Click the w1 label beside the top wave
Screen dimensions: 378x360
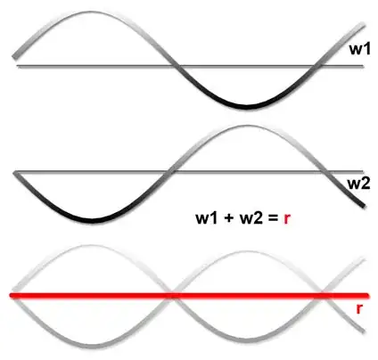(360, 49)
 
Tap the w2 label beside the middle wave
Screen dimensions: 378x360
(358, 184)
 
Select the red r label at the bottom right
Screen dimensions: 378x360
(359, 309)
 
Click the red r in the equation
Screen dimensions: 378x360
(287, 219)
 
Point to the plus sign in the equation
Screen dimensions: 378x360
(229, 218)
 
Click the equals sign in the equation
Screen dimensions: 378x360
(272, 218)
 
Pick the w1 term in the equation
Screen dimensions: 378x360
(207, 217)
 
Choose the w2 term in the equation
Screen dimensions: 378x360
(251, 217)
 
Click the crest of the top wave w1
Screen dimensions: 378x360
(90, 12)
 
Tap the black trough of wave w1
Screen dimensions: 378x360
(246, 107)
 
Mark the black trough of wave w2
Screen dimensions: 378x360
(92, 220)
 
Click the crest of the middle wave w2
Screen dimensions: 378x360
(247, 127)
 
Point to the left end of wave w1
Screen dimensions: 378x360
(14, 56)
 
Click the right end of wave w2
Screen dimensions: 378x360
(363, 206)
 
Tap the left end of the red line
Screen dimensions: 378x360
(11, 296)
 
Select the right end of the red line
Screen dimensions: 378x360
(367, 296)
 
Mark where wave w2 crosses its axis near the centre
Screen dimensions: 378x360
(168, 172)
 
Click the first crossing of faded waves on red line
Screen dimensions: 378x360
(171, 296)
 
